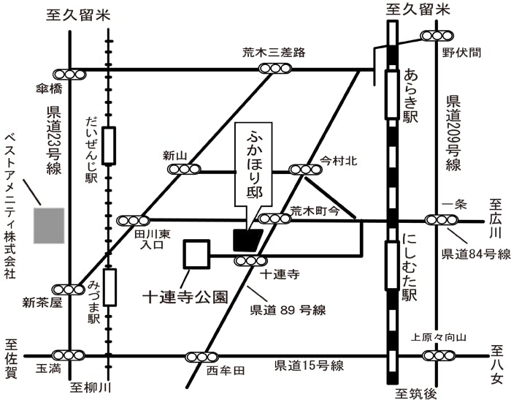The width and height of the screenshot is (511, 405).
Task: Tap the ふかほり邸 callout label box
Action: tap(253, 167)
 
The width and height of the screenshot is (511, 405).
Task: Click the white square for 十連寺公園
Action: tap(196, 254)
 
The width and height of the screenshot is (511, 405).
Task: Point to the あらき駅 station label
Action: tap(410, 96)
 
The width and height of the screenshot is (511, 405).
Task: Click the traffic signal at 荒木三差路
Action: tap(274, 69)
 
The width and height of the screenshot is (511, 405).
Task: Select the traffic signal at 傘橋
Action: tap(69, 74)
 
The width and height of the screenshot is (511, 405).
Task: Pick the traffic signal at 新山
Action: tap(183, 170)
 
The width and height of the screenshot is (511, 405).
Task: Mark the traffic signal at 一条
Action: tap(440, 219)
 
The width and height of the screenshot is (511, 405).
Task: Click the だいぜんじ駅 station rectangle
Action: tap(109, 145)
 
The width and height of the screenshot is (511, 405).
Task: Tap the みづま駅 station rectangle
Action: tap(109, 287)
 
